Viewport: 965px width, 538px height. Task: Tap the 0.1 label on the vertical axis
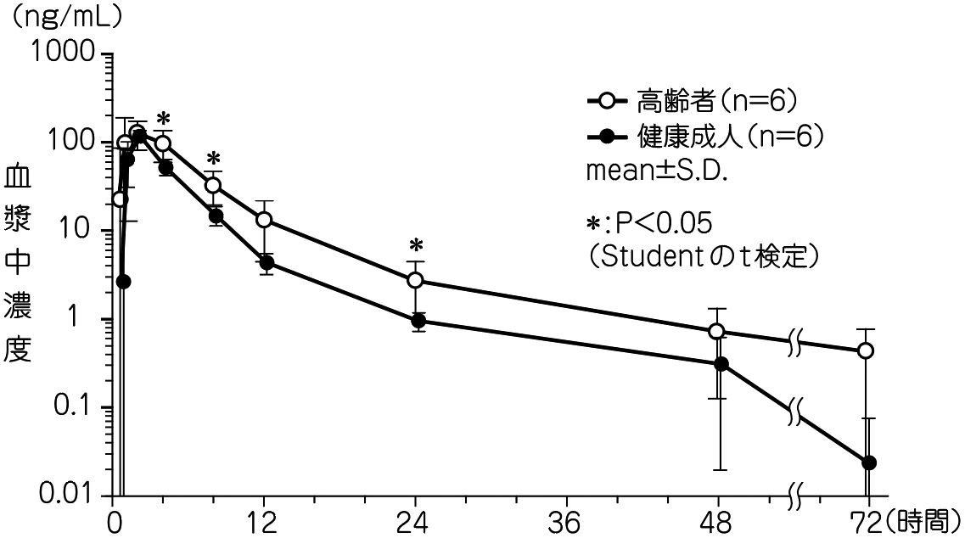[75, 408]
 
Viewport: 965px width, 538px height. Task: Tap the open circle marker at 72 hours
[866, 350]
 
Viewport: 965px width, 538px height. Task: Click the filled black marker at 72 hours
[868, 462]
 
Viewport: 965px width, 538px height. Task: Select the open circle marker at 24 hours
[416, 280]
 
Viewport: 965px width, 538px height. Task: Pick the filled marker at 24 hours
[418, 321]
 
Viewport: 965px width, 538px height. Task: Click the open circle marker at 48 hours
[717, 331]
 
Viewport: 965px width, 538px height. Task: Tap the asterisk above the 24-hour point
[416, 246]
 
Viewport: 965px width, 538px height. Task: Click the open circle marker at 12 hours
[264, 220]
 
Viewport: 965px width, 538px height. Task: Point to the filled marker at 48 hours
[721, 364]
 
